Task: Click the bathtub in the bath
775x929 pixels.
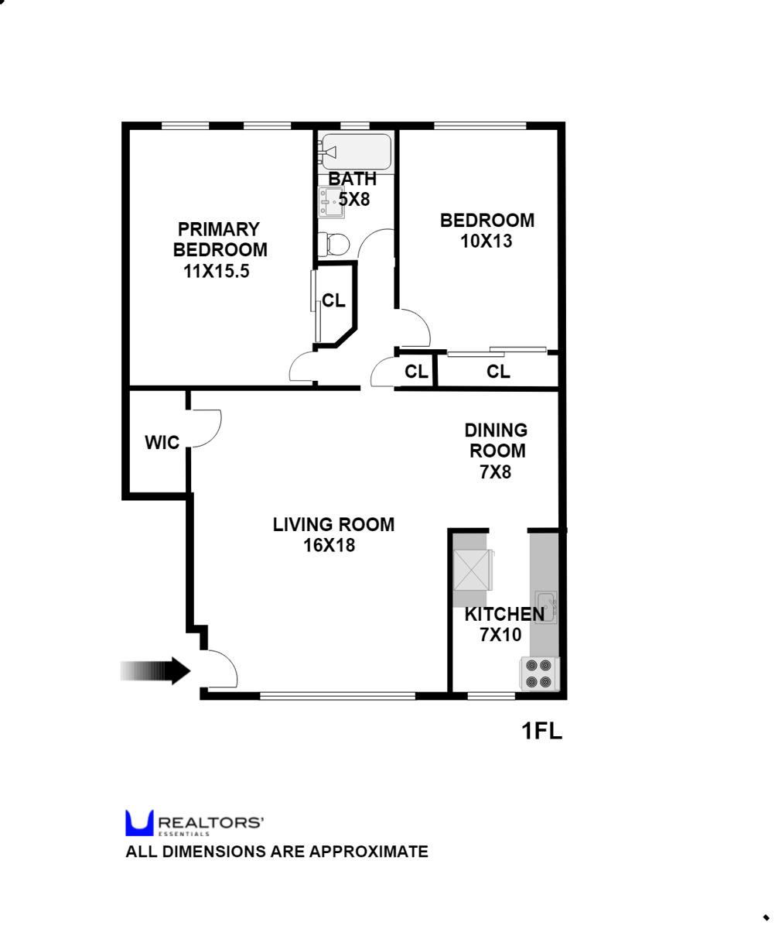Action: click(x=357, y=152)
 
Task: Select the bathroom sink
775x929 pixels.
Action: click(x=331, y=203)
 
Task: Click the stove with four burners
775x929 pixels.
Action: click(x=539, y=674)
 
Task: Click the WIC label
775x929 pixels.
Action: click(x=162, y=443)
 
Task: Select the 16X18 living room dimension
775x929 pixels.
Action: click(x=329, y=545)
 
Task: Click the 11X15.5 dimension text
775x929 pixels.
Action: click(x=217, y=271)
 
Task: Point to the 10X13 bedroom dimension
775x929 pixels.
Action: click(x=487, y=241)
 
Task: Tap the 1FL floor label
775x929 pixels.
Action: click(x=541, y=731)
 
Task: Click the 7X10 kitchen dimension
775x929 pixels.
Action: click(x=500, y=635)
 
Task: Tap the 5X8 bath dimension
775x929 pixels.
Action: click(x=355, y=199)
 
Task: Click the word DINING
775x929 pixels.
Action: click(x=496, y=430)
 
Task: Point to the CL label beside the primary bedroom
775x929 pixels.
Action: click(x=334, y=300)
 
